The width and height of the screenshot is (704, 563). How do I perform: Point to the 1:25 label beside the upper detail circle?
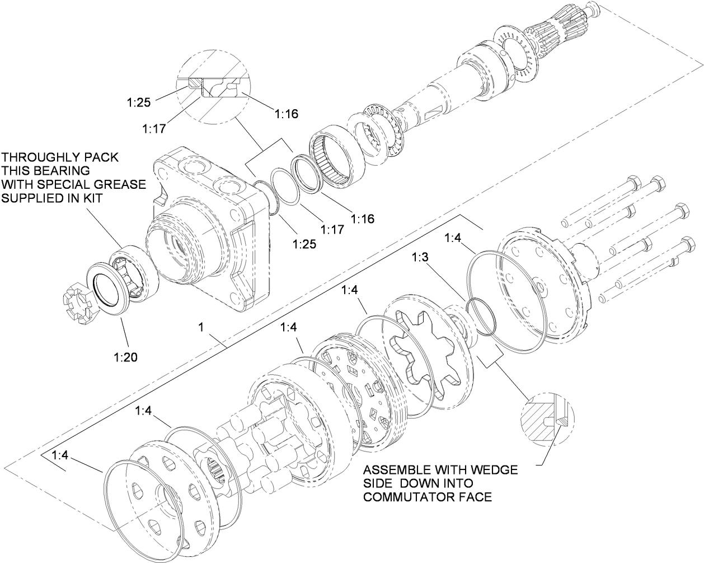coord(138,103)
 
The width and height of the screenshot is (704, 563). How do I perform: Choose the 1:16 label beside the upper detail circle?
coord(287,114)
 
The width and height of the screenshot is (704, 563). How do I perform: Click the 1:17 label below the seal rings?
coord(332,230)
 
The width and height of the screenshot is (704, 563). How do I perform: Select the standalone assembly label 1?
coord(200,326)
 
